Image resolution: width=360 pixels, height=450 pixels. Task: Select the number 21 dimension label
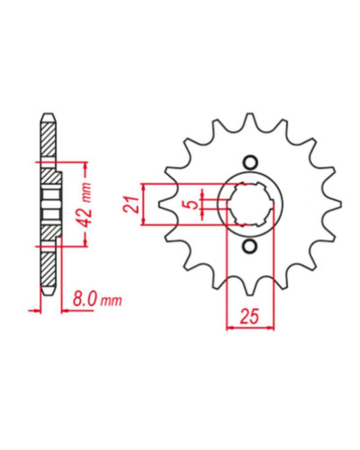click(131, 204)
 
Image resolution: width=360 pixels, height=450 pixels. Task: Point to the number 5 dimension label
click(193, 205)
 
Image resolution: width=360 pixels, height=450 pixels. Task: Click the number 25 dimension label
click(249, 317)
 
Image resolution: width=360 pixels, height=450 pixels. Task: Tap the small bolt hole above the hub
click(250, 163)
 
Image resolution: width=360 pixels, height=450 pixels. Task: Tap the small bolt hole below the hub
click(250, 246)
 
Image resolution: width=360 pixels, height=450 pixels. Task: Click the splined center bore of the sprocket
click(250, 204)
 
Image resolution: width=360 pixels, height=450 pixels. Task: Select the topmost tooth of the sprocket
click(249, 120)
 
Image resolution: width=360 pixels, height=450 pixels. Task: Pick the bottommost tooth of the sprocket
click(249, 289)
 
